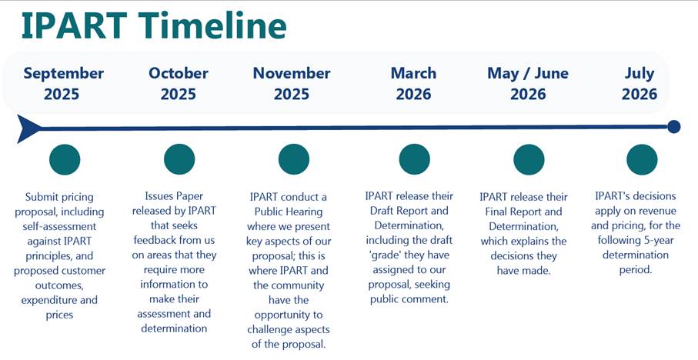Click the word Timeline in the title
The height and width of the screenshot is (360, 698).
click(212, 26)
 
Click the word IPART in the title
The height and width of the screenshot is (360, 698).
click(75, 26)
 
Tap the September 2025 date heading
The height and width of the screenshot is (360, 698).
click(64, 84)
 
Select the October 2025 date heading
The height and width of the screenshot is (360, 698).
click(179, 84)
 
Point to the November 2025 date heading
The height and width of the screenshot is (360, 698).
click(292, 84)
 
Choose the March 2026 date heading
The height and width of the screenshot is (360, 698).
click(413, 84)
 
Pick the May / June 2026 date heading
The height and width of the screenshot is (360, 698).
click(528, 84)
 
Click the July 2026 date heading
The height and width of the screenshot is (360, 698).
click(640, 84)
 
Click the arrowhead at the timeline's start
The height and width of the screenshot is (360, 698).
click(28, 128)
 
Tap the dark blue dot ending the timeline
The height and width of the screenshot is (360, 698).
click(674, 127)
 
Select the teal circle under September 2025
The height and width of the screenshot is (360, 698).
click(65, 159)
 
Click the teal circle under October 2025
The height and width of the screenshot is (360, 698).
click(179, 159)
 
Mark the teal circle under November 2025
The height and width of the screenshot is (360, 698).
click(294, 159)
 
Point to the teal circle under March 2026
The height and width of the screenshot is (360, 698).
click(415, 159)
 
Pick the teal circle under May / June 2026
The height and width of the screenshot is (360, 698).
click(529, 159)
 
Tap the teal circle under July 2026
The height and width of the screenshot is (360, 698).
click(642, 159)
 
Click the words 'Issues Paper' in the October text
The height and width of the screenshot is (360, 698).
click(174, 196)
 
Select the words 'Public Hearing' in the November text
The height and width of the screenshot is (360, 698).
click(289, 212)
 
